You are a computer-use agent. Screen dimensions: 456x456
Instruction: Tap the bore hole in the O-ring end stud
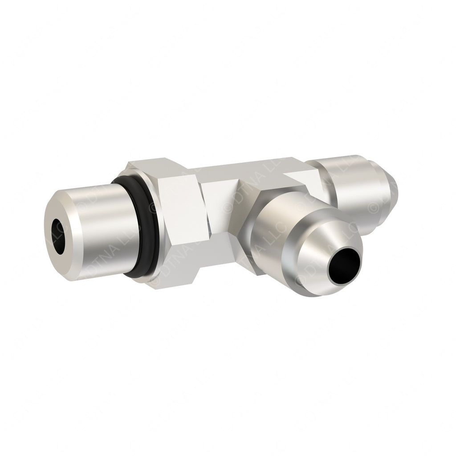57,231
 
